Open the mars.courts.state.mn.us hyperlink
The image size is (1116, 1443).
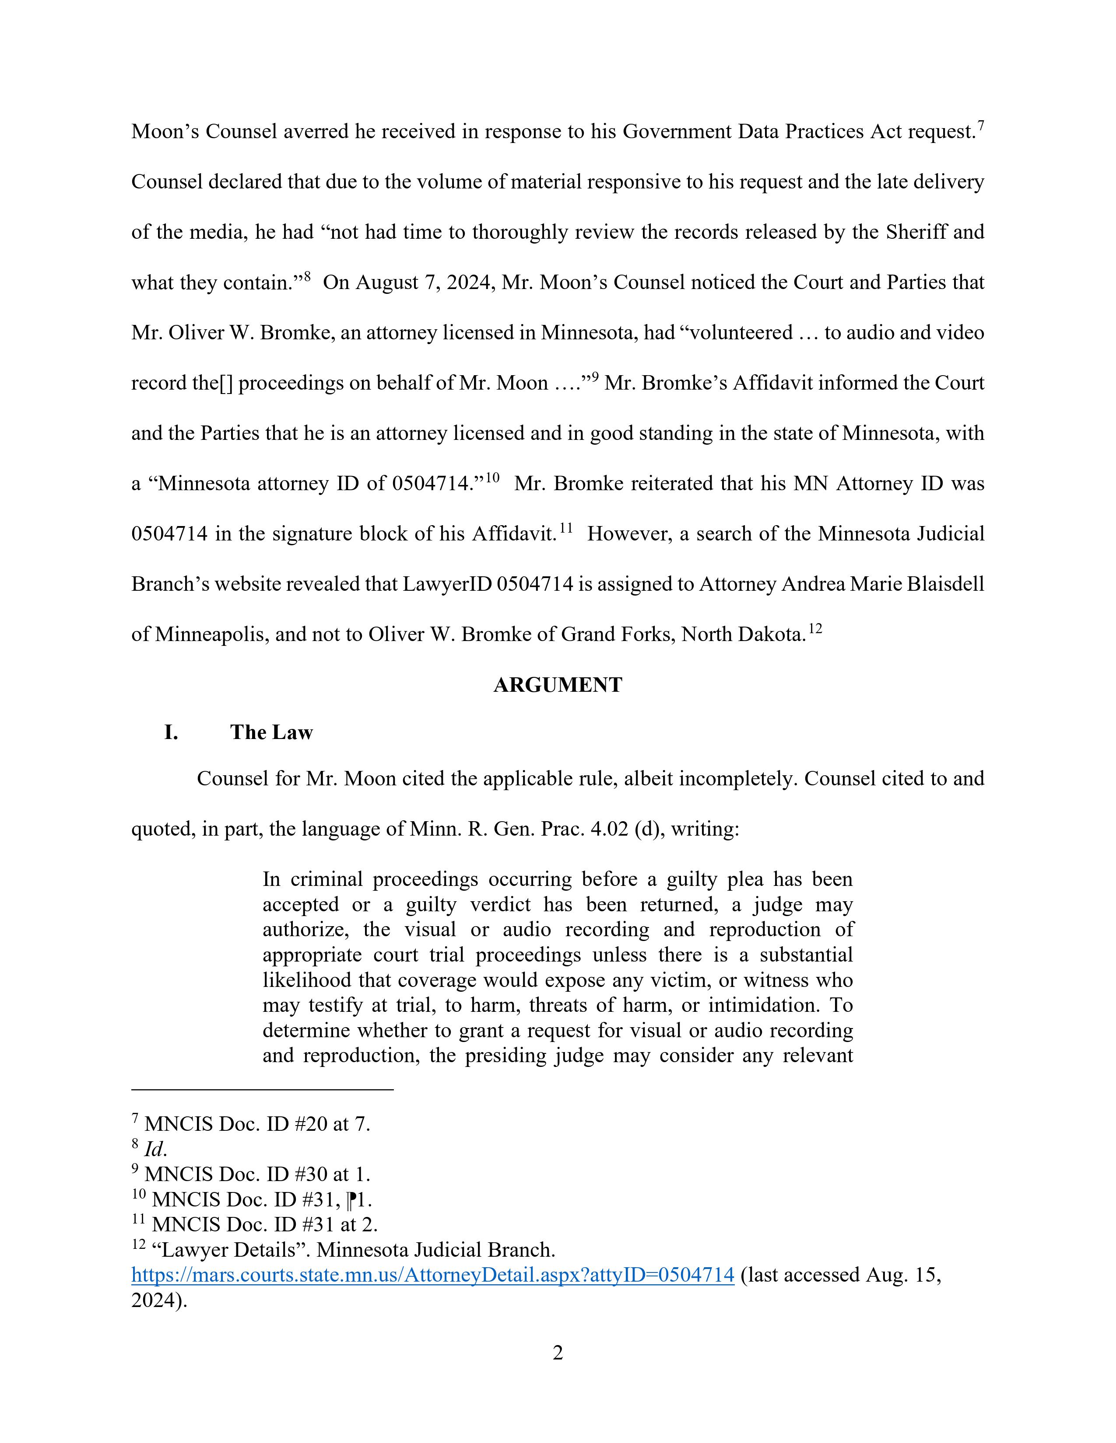tap(432, 1275)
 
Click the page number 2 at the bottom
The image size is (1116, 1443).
tap(557, 1353)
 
